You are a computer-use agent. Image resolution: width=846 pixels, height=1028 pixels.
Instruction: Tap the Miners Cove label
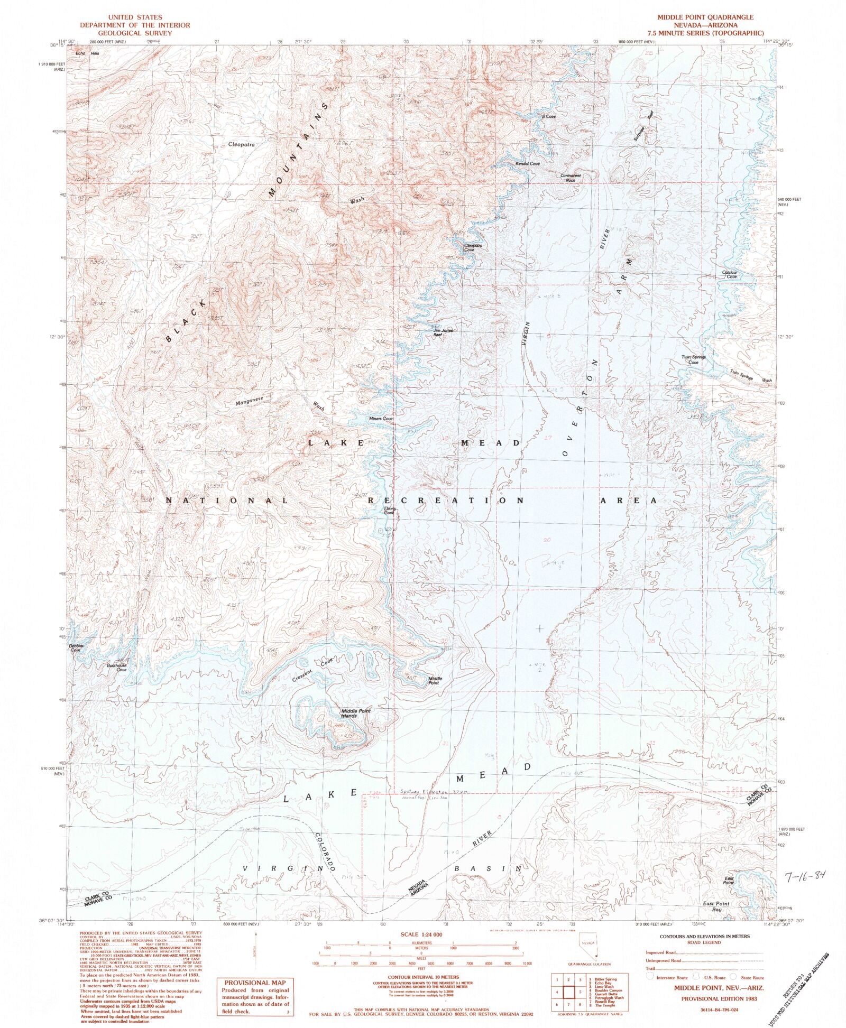381,419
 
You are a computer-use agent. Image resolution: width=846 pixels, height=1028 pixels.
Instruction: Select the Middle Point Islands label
356,713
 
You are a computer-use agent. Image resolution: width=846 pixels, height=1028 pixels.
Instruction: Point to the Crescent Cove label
314,669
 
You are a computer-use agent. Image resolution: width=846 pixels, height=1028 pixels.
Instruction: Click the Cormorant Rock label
571,178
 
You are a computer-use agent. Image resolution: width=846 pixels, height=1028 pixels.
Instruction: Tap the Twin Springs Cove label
693,360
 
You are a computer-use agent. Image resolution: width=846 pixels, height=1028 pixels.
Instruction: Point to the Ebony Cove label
389,511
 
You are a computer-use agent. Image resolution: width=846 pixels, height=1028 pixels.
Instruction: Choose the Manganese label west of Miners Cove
253,401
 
